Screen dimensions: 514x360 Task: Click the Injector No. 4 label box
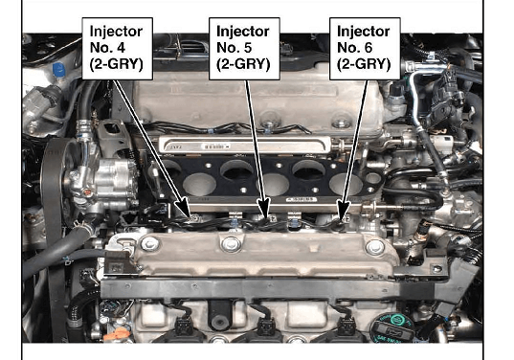pyautogui.click(x=118, y=49)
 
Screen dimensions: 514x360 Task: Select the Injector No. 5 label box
pyautogui.click(x=244, y=49)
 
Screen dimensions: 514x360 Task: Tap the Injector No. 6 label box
pyautogui.click(x=365, y=49)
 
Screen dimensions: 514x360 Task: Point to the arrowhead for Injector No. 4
pyautogui.click(x=183, y=207)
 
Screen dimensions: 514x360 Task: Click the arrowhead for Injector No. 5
pyautogui.click(x=264, y=209)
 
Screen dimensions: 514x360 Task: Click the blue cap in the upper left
pyautogui.click(x=59, y=70)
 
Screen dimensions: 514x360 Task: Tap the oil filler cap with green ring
pyautogui.click(x=391, y=327)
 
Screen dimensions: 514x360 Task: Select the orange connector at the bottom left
pyautogui.click(x=115, y=334)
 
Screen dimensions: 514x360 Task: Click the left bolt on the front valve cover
pyautogui.click(x=149, y=244)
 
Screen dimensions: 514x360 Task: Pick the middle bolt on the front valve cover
pyautogui.click(x=231, y=244)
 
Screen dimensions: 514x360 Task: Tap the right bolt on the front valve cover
pyautogui.click(x=374, y=248)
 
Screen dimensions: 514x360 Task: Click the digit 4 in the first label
pyautogui.click(x=121, y=48)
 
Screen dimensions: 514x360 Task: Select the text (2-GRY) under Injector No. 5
pyautogui.click(x=243, y=64)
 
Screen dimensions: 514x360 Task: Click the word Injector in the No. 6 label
pyautogui.click(x=363, y=32)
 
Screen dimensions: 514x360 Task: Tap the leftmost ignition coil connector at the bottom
pyautogui.click(x=184, y=326)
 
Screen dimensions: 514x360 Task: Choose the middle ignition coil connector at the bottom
pyautogui.click(x=266, y=326)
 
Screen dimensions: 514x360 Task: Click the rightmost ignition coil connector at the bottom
pyautogui.click(x=346, y=326)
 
